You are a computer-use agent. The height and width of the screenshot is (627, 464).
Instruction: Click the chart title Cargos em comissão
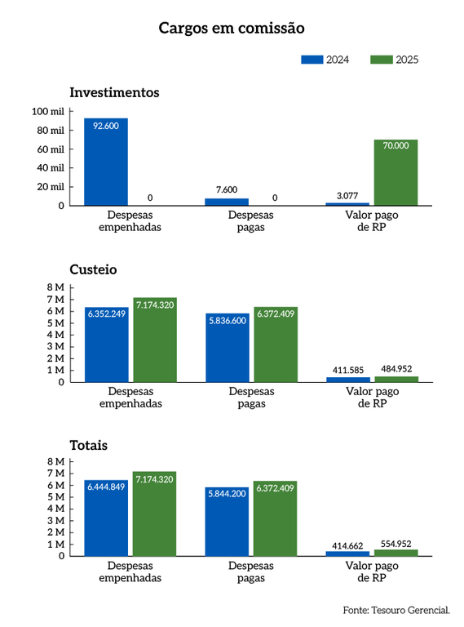pyautogui.click(x=232, y=29)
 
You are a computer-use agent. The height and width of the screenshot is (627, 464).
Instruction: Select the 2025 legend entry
pyautogui.click(x=395, y=60)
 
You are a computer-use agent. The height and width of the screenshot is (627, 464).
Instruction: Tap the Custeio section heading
pyautogui.click(x=94, y=269)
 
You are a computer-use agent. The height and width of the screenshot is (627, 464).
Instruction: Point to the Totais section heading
pyautogui.click(x=89, y=446)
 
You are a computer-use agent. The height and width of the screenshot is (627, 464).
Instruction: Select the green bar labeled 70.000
pyautogui.click(x=396, y=172)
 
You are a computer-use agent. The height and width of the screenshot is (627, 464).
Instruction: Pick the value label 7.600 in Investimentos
pyautogui.click(x=227, y=189)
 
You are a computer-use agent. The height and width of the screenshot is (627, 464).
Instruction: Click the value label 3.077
pyautogui.click(x=347, y=195)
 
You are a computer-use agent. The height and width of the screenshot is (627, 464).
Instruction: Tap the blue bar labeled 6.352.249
pyautogui.click(x=106, y=344)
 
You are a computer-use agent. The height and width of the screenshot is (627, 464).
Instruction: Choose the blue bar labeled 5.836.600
pyautogui.click(x=227, y=347)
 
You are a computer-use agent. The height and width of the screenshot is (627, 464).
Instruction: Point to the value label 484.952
pyautogui.click(x=396, y=369)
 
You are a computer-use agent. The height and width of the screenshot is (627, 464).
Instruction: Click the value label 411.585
pyautogui.click(x=347, y=370)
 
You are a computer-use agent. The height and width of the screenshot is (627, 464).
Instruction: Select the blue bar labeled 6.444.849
pyautogui.click(x=106, y=518)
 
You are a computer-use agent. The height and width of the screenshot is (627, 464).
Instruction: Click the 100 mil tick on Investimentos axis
pyautogui.click(x=49, y=112)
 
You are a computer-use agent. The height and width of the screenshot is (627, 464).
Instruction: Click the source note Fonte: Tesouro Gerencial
pyautogui.click(x=396, y=610)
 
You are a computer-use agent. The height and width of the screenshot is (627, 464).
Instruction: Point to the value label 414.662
pyautogui.click(x=347, y=545)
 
